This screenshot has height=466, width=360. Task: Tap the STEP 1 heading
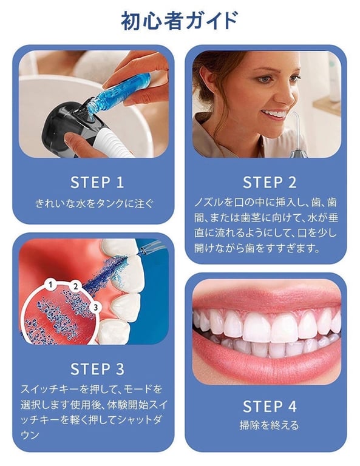[97, 182]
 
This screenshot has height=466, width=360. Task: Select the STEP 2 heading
[270, 182]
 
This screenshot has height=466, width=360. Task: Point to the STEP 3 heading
[97, 368]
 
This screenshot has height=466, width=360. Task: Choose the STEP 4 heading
[270, 406]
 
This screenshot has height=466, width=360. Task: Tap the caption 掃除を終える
[270, 425]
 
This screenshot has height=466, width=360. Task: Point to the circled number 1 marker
[51, 283]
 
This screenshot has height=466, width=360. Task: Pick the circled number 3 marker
[95, 308]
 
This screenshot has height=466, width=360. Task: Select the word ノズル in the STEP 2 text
[205, 201]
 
